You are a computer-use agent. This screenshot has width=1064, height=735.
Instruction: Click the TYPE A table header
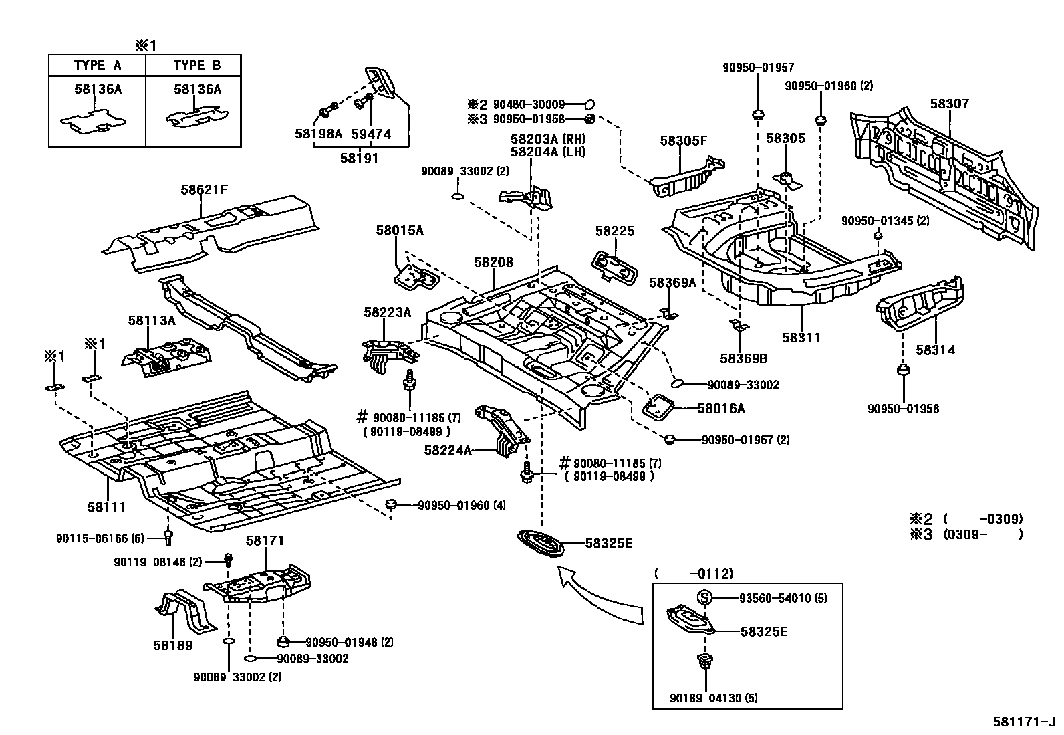[98, 65]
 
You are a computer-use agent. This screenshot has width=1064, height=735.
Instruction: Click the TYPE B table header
[196, 65]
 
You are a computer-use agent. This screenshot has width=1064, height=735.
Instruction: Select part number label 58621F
[204, 189]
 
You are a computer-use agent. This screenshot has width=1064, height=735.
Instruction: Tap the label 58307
[949, 104]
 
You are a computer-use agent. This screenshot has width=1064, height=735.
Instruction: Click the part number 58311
[800, 338]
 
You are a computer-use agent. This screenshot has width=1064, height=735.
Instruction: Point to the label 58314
[935, 350]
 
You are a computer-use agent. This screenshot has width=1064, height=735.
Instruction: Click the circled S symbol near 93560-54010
[705, 597]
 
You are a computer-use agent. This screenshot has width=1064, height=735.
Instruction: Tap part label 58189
[172, 645]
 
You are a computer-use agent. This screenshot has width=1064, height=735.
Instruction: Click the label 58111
[106, 507]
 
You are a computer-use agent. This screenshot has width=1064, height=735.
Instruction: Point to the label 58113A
[152, 320]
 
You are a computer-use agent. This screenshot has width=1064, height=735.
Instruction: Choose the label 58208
[493, 262]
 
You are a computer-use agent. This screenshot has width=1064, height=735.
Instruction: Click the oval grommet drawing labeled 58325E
[541, 542]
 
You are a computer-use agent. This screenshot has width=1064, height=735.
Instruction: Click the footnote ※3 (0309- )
[965, 534]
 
